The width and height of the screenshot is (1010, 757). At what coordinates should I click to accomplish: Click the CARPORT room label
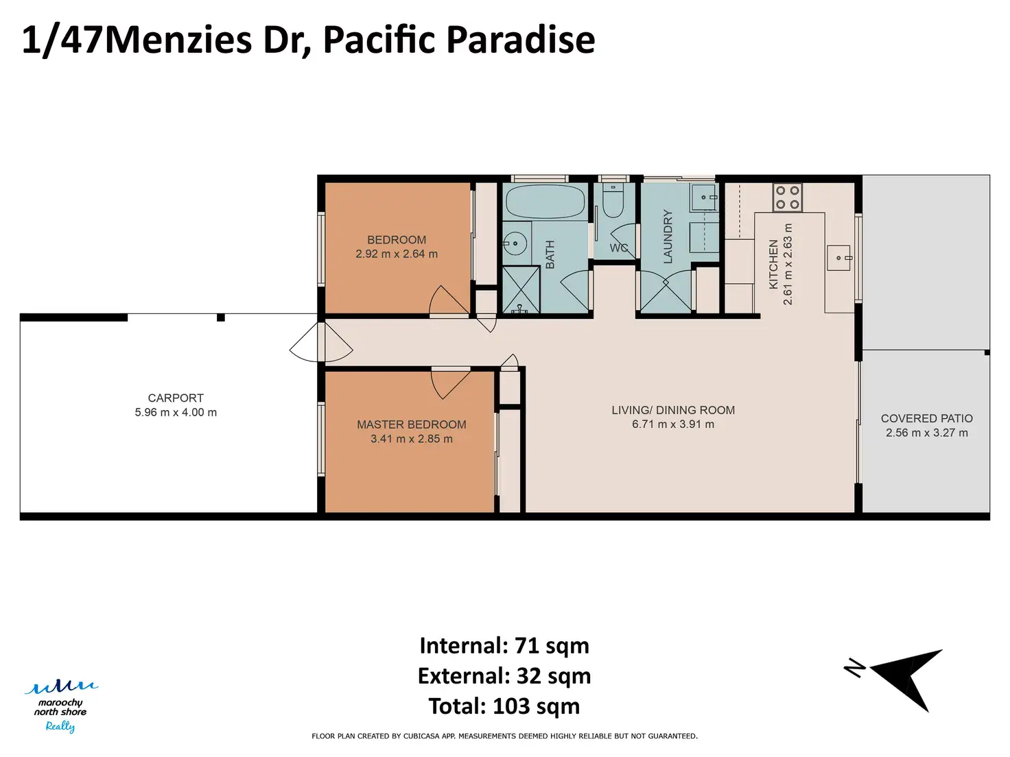[x=176, y=398]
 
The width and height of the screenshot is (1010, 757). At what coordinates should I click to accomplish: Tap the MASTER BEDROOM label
[x=412, y=424]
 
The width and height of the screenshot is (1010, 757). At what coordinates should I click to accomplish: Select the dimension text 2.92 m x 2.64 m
[x=396, y=254]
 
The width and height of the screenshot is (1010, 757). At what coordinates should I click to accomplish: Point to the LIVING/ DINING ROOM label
[x=672, y=410]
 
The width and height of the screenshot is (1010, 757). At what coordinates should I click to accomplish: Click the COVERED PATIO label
[x=927, y=418]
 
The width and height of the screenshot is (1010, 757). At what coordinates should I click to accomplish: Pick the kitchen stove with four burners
[x=787, y=197]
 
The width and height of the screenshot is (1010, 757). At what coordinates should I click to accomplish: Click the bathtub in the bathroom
[x=545, y=202]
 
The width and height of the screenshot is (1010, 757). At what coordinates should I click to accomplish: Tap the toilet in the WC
[x=613, y=201]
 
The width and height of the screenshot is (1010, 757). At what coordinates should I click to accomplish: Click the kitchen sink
[x=840, y=258]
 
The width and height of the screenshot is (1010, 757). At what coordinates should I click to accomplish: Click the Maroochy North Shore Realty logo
[x=60, y=706]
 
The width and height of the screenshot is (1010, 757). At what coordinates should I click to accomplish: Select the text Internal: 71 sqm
[x=504, y=645]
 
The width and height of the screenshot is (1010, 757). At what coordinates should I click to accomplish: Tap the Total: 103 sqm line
[x=504, y=706]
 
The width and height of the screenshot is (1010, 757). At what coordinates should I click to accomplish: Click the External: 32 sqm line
[x=504, y=675]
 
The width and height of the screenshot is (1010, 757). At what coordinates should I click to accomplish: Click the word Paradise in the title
[x=520, y=40]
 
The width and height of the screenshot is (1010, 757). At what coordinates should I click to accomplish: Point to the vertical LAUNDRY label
[x=668, y=237]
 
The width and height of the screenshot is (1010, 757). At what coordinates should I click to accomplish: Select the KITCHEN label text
[x=773, y=264]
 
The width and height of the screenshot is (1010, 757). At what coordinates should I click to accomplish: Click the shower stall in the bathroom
[x=520, y=289]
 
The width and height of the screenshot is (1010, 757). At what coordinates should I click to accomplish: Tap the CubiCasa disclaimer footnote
[x=504, y=736]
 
